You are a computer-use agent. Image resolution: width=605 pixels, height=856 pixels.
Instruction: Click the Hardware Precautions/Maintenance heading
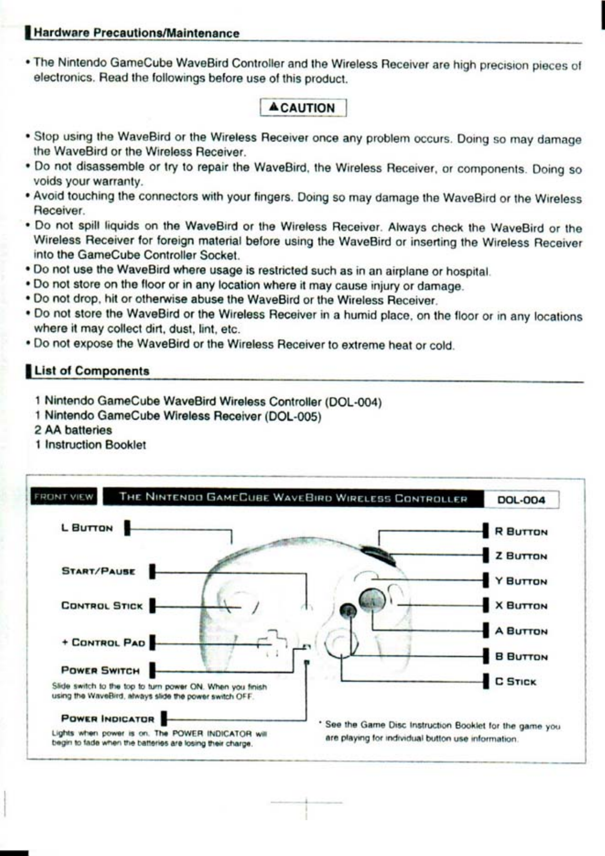point(137,33)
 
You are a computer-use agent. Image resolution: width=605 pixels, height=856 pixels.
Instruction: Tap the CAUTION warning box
point(303,108)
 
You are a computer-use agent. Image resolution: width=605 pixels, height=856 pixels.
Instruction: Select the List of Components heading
point(92,371)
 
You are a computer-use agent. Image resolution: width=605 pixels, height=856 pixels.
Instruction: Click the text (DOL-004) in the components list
point(353,402)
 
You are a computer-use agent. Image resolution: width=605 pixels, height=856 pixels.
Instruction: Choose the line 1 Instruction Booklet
point(90,445)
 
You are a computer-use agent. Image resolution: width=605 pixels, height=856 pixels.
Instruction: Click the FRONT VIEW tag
point(63,497)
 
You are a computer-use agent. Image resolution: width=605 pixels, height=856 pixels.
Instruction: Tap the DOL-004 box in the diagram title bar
point(521,500)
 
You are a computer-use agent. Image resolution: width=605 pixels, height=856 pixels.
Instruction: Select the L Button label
point(87,528)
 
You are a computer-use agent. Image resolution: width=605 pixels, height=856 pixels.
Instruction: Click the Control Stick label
point(102,606)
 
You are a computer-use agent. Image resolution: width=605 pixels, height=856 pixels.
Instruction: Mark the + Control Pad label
point(103,642)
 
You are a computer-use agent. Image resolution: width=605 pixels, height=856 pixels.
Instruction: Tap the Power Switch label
point(101,670)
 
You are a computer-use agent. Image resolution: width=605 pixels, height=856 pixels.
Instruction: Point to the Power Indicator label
point(108,718)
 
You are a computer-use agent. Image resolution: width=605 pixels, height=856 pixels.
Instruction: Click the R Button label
point(521,531)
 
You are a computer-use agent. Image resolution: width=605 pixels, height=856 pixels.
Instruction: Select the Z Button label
point(521,556)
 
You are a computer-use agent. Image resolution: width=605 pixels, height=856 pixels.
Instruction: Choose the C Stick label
point(516,681)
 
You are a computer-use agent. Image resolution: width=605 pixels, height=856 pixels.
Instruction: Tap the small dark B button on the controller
point(348,611)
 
